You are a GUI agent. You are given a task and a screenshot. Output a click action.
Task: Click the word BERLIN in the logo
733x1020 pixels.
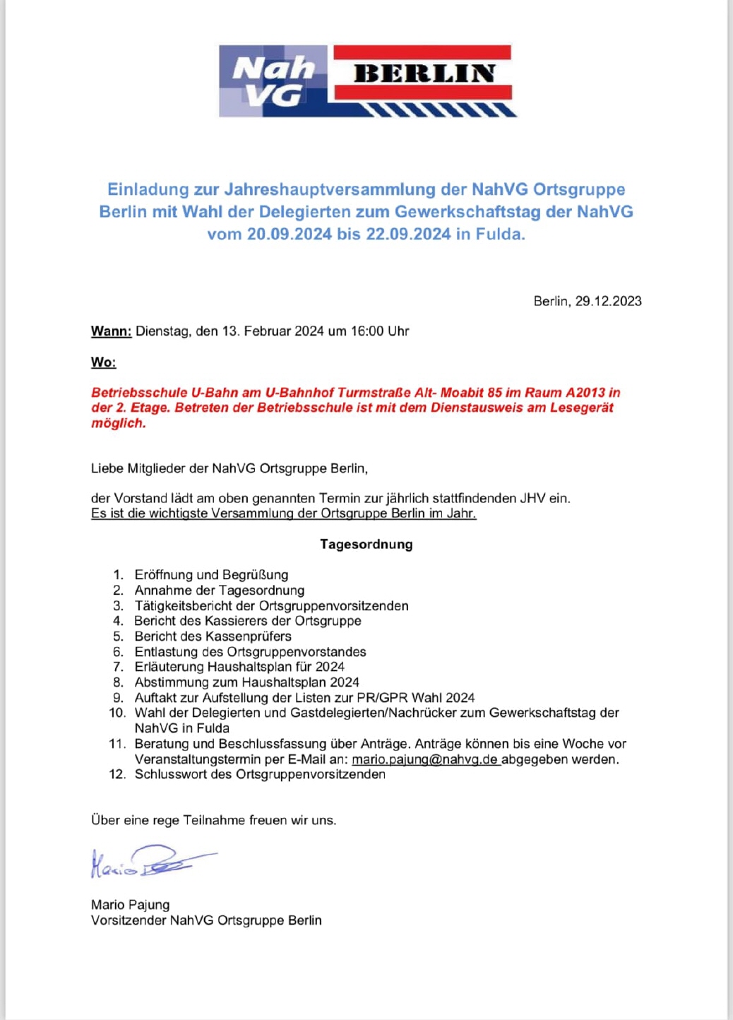[424, 73]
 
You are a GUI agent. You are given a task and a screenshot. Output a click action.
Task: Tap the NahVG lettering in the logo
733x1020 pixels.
[273, 81]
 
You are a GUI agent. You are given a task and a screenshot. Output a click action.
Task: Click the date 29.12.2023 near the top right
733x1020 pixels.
[608, 301]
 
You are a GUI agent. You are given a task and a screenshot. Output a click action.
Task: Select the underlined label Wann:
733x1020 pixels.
[111, 331]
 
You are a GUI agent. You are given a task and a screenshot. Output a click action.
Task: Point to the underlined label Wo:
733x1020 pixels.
[103, 362]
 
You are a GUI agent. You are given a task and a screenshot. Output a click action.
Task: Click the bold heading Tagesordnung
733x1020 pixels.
[366, 544]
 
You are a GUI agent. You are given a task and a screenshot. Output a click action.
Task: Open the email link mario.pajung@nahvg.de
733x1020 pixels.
[425, 759]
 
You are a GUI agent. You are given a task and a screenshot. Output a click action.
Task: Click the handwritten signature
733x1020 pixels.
[152, 862]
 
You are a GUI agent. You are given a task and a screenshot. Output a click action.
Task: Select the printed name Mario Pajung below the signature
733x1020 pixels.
[130, 905]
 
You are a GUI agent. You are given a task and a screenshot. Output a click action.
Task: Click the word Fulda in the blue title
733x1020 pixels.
[500, 234]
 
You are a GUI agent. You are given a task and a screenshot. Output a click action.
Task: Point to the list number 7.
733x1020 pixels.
[119, 667]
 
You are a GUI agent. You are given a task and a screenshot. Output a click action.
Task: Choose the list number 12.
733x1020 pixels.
[117, 774]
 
